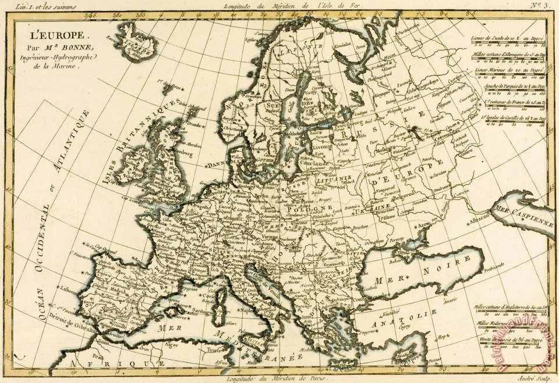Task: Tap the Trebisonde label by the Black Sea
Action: [x=487, y=284]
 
